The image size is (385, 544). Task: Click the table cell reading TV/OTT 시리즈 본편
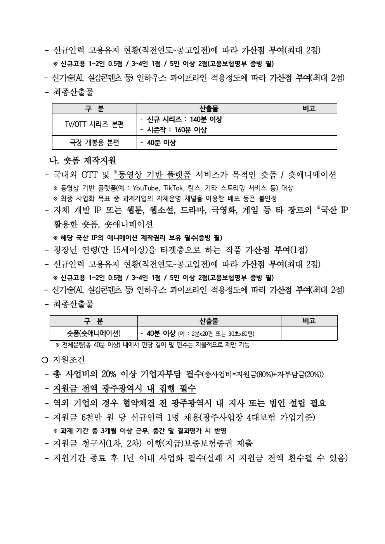pyautogui.click(x=94, y=124)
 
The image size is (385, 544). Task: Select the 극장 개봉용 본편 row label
pyautogui.click(x=94, y=143)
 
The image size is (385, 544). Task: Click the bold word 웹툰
pyautogui.click(x=136, y=211)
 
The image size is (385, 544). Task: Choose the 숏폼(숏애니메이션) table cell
pyautogui.click(x=94, y=333)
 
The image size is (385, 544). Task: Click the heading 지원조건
pyautogui.click(x=68, y=359)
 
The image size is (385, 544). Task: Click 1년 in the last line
pyautogui.click(x=128, y=458)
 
